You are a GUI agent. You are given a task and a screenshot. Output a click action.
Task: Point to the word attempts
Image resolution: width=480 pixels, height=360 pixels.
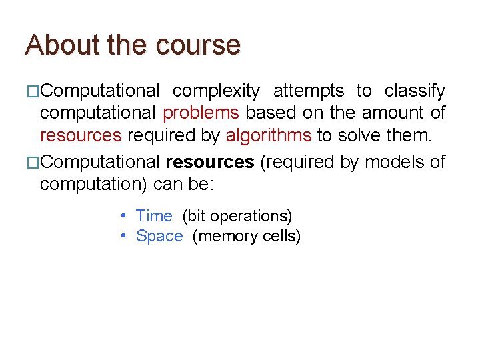coord(309,91)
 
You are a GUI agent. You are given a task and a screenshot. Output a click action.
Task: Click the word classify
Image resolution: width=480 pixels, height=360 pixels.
coord(415,91)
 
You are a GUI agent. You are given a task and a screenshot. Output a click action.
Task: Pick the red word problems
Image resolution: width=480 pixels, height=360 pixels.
coord(201,113)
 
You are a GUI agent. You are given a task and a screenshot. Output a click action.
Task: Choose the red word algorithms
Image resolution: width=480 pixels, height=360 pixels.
coord(269,136)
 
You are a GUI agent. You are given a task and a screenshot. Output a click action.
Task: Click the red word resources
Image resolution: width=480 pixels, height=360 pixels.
coord(81,136)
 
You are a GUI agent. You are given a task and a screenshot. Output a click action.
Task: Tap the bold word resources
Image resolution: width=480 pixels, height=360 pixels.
coord(209,161)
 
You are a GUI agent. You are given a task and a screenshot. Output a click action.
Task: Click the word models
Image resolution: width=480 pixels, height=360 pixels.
coord(393,161)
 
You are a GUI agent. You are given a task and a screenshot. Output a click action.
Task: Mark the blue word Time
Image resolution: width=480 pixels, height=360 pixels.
coord(154,216)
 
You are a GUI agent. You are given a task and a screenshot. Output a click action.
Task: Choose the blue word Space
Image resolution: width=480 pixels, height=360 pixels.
coord(159,236)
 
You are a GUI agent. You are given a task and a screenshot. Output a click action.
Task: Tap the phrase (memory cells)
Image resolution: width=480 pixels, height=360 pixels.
coord(247,236)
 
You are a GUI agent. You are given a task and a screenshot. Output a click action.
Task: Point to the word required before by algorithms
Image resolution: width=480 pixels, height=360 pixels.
coord(157,136)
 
